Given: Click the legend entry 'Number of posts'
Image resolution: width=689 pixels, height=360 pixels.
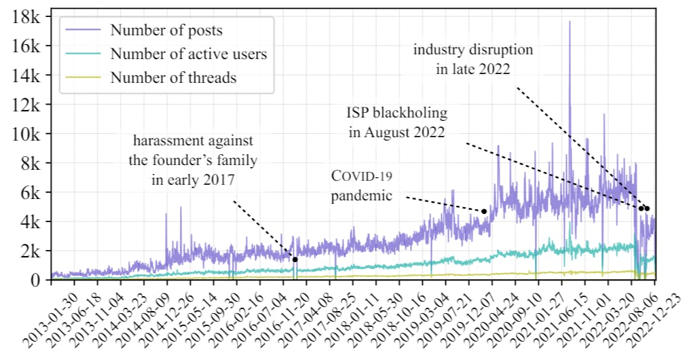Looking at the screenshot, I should pyautogui.click(x=166, y=30).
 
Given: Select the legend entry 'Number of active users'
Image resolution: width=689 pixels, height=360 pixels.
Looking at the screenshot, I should pyautogui.click(x=189, y=54).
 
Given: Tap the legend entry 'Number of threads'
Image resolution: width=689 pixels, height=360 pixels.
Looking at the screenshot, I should pyautogui.click(x=173, y=77).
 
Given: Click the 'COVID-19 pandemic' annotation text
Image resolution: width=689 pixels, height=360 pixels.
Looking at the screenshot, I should pyautogui.click(x=362, y=185).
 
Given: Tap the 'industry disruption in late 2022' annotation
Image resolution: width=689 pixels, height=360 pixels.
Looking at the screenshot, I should pyautogui.click(x=473, y=59).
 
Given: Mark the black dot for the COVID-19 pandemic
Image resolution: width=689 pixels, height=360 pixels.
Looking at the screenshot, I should pyautogui.click(x=484, y=211).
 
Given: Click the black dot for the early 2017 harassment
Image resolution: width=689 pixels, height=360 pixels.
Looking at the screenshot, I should pyautogui.click(x=295, y=259).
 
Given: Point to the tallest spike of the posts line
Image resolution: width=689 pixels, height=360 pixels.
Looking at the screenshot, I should pyautogui.click(x=570, y=22).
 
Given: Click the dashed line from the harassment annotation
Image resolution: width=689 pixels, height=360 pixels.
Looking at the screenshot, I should pyautogui.click(x=265, y=231).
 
